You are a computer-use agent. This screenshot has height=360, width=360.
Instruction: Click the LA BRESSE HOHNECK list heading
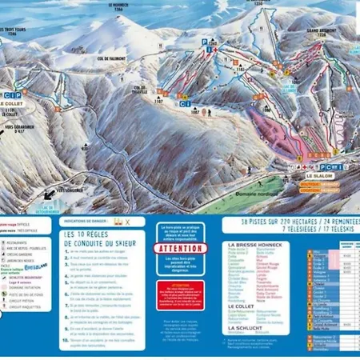click(x=254, y=245)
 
